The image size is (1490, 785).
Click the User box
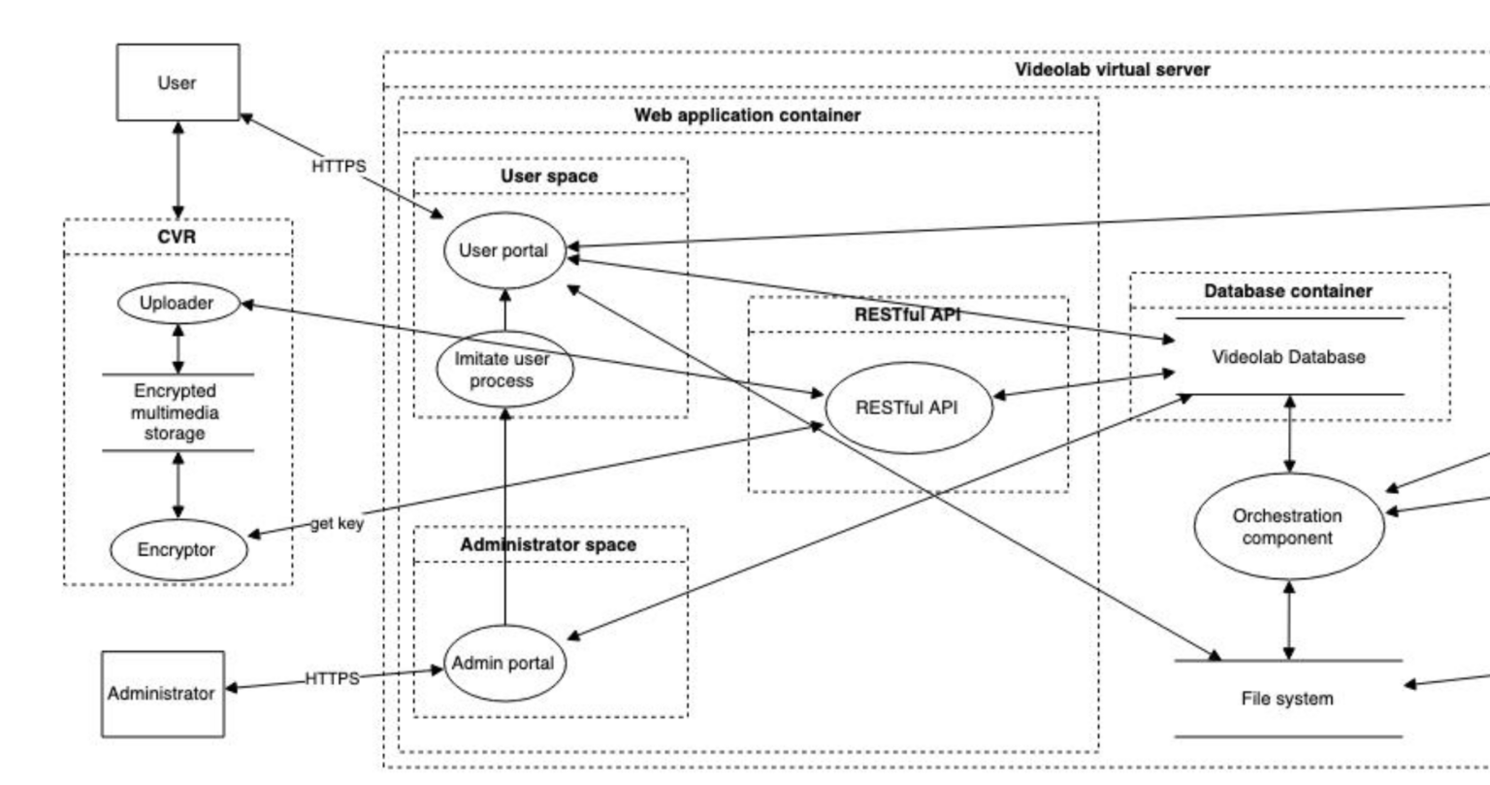[x=178, y=82]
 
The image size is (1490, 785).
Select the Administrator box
[x=162, y=694]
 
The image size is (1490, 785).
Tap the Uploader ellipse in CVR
[x=177, y=303]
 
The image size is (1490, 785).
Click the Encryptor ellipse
[x=177, y=549]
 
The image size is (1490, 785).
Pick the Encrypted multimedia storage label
[x=176, y=412]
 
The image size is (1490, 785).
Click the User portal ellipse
[x=503, y=250]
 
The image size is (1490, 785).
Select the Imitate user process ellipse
[x=502, y=370]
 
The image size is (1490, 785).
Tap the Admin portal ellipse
[x=503, y=664]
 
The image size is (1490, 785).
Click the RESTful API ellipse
[x=906, y=408]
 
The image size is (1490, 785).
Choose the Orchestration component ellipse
[x=1287, y=527]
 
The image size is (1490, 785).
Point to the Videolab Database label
[x=1288, y=357]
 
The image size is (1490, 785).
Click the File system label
[x=1287, y=699]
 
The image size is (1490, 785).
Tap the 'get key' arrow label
[x=338, y=524]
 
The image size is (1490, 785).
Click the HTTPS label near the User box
[x=339, y=167]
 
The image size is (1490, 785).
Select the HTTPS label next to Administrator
[x=332, y=678]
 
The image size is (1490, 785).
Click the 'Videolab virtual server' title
[x=1112, y=70]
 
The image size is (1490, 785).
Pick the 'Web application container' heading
[x=747, y=115]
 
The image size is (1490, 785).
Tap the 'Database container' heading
[x=1288, y=291]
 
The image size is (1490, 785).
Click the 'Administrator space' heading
[x=548, y=545]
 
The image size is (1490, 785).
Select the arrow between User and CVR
[x=178, y=170]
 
